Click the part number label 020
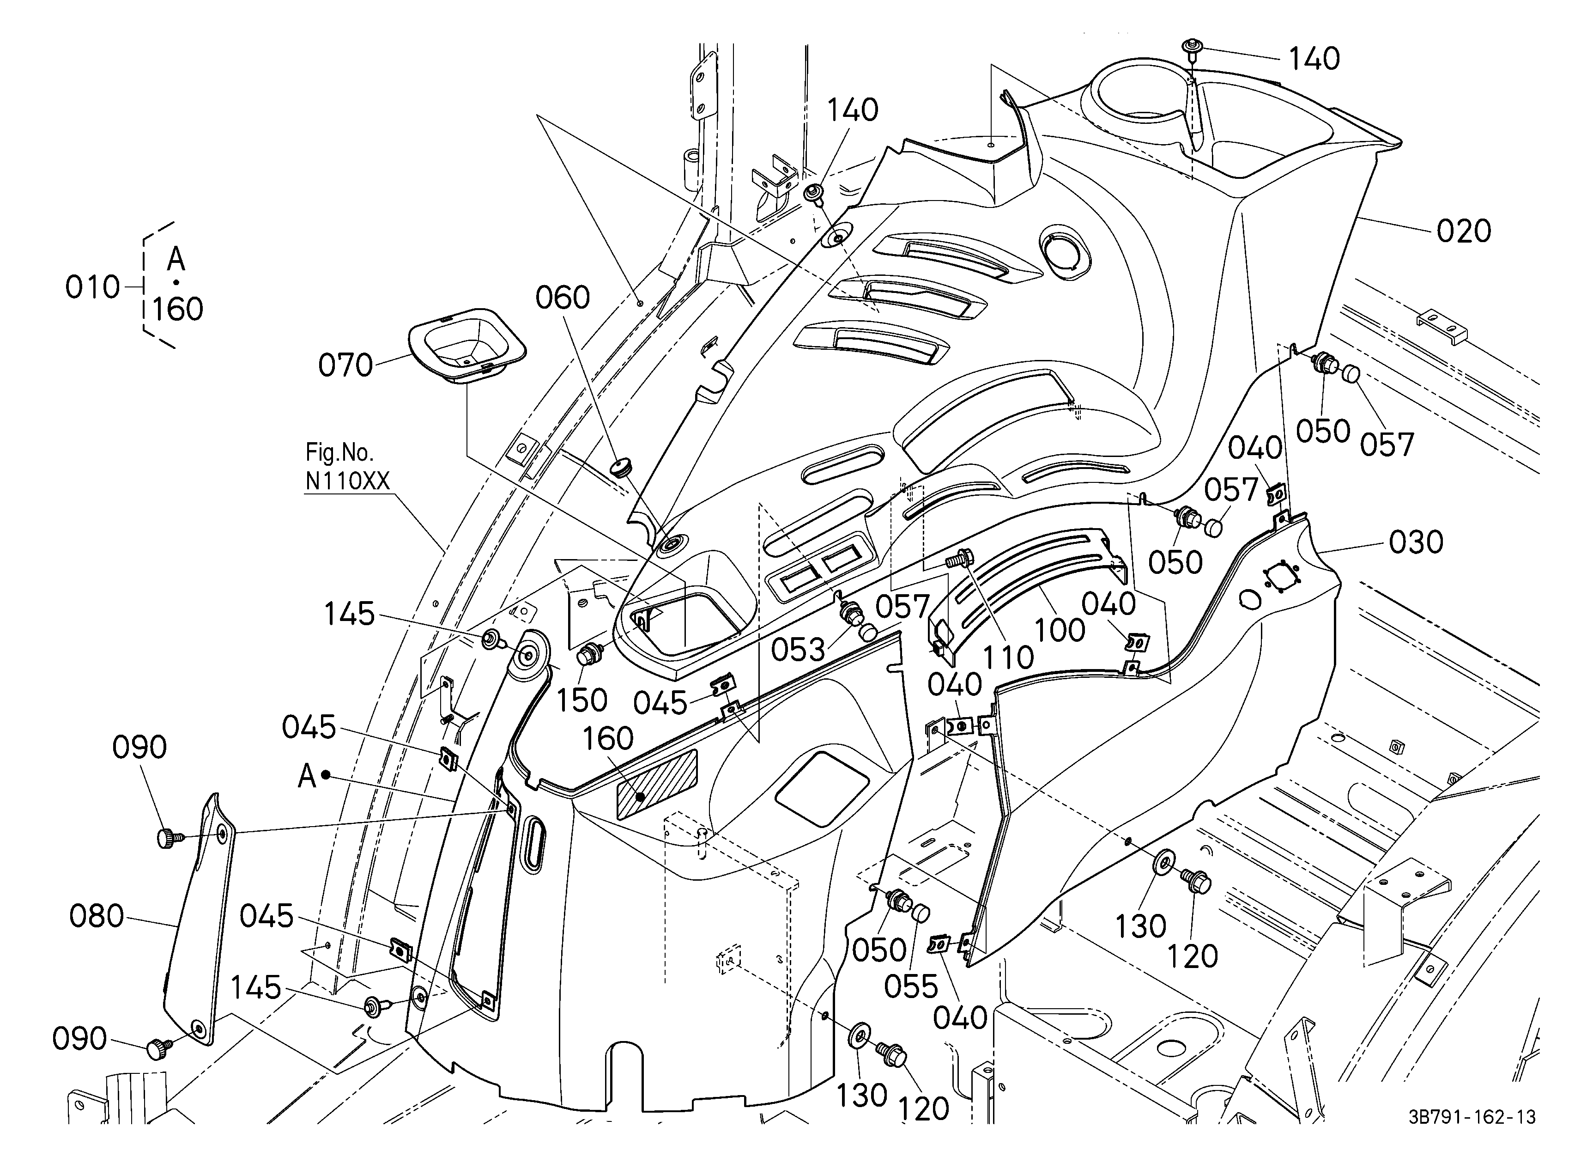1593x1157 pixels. [1463, 231]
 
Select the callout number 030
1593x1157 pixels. [1416, 542]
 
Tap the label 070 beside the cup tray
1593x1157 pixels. [345, 365]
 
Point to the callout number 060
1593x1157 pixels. [562, 298]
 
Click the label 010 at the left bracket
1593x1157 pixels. [93, 287]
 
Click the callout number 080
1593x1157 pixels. [96, 916]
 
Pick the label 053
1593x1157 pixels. [798, 650]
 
